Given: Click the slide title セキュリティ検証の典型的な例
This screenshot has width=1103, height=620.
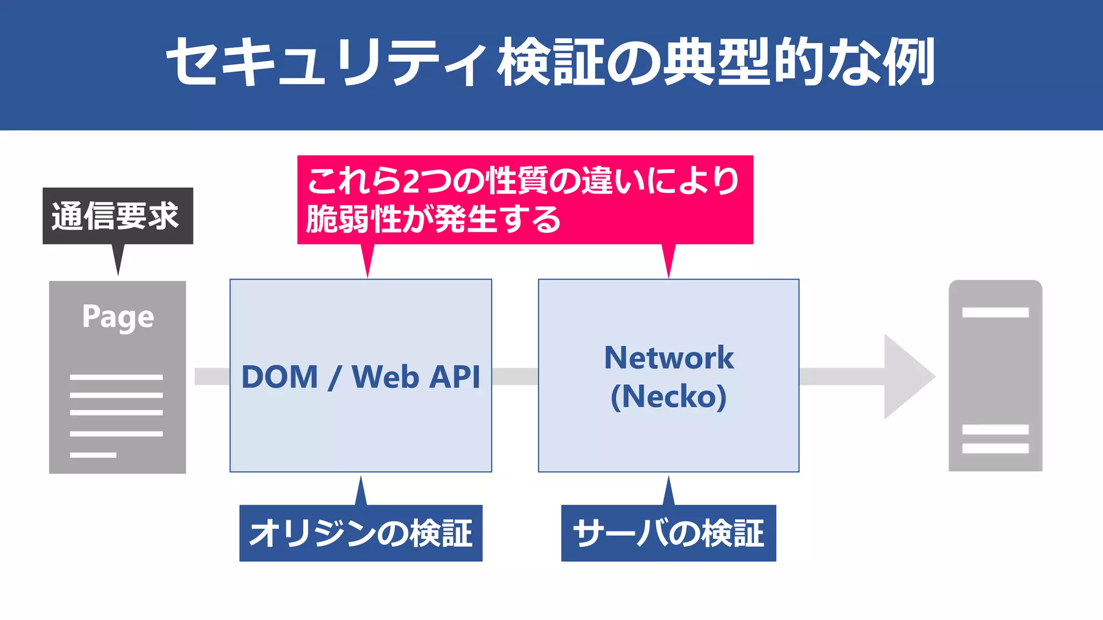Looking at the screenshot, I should tap(550, 62).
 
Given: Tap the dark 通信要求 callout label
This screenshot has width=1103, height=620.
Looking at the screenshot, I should tap(117, 216).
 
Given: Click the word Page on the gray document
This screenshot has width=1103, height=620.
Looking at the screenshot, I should tap(118, 317).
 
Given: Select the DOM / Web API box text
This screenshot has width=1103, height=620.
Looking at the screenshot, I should tap(360, 377).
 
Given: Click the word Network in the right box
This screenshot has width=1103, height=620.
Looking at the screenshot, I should tap(668, 358).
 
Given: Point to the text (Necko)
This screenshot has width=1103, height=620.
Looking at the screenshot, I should tap(668, 396).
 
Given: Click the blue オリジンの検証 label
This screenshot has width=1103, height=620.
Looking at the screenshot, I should tap(360, 533).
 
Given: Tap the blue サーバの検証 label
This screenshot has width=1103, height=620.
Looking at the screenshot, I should tap(668, 533).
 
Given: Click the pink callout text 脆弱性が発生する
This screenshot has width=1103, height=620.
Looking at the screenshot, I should tap(434, 219).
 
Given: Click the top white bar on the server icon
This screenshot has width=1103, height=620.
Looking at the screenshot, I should tap(995, 312).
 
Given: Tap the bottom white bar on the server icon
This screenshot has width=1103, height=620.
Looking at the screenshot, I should tap(995, 448).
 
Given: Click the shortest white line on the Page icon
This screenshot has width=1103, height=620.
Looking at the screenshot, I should tap(93, 455).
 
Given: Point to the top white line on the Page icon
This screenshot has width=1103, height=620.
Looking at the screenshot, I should tap(116, 377).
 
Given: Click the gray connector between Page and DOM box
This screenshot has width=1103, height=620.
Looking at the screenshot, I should tap(212, 377).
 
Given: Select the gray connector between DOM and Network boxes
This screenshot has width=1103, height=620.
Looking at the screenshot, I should tap(515, 377).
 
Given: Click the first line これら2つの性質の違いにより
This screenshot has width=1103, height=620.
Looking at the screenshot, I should tap(522, 180).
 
